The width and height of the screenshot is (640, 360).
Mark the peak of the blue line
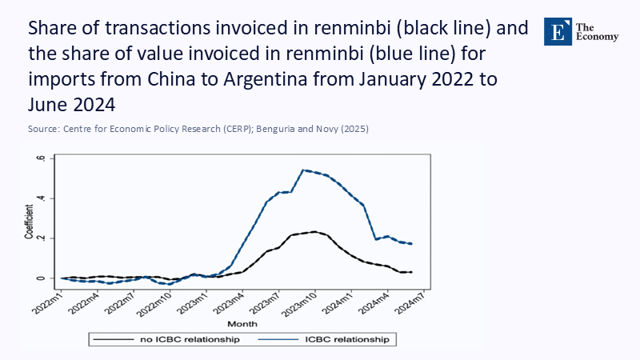click(x=303, y=170)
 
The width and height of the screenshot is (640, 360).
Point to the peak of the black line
click(x=314, y=232)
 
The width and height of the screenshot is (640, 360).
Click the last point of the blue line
click(x=411, y=244)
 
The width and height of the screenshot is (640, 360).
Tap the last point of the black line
click(x=411, y=272)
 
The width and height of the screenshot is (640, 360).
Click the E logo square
click(x=558, y=30)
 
